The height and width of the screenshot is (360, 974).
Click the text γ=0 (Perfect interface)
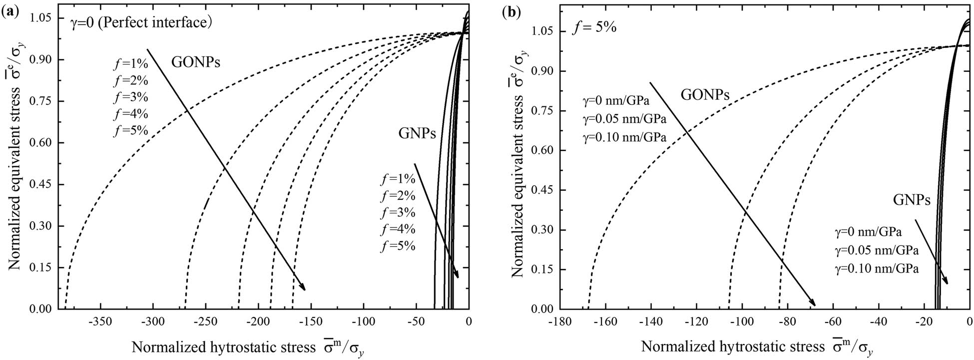pos(137,22)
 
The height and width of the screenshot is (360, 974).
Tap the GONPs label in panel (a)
pos(196,62)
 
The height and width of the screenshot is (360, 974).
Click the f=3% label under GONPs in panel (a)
pos(131,97)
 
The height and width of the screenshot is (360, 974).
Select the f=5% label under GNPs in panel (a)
pos(398,246)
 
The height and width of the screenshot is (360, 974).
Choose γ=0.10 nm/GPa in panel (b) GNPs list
pos(877,269)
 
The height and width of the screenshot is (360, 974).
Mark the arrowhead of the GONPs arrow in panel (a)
pos(304,288)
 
